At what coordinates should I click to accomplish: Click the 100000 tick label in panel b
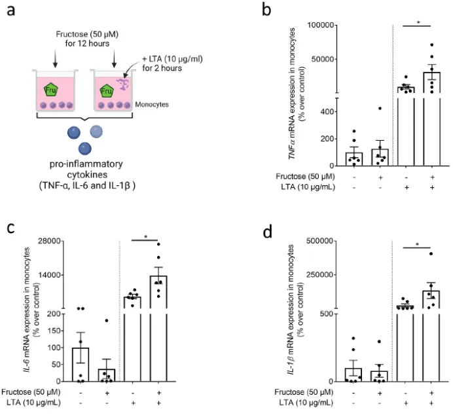[x=320, y=25]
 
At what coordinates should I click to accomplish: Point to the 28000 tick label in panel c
[x=49, y=241]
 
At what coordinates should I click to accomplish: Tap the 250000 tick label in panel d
[x=319, y=274]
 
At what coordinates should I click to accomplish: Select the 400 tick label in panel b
[x=327, y=111]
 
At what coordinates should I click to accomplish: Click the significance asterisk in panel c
[x=145, y=237]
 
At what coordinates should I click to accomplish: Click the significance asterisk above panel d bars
[x=417, y=245]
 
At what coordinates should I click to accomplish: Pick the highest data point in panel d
[x=431, y=254]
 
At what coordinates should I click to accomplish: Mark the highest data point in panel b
[x=432, y=45]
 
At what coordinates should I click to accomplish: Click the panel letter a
[x=11, y=10]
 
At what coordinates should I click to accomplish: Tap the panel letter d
[x=268, y=232]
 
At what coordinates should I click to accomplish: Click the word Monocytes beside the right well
[x=152, y=104]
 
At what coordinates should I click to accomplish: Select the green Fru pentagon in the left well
[x=51, y=90]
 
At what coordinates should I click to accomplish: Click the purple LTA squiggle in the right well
[x=123, y=84]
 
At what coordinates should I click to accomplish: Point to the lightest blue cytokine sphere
[x=96, y=132]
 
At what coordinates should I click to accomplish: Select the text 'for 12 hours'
[x=87, y=44]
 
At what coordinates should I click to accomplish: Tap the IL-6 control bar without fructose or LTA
[x=81, y=365]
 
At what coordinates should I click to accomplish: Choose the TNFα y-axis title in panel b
[x=297, y=94]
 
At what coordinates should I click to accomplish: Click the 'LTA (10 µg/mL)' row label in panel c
[x=33, y=403]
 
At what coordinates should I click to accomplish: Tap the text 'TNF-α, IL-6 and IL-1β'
[x=87, y=185]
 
